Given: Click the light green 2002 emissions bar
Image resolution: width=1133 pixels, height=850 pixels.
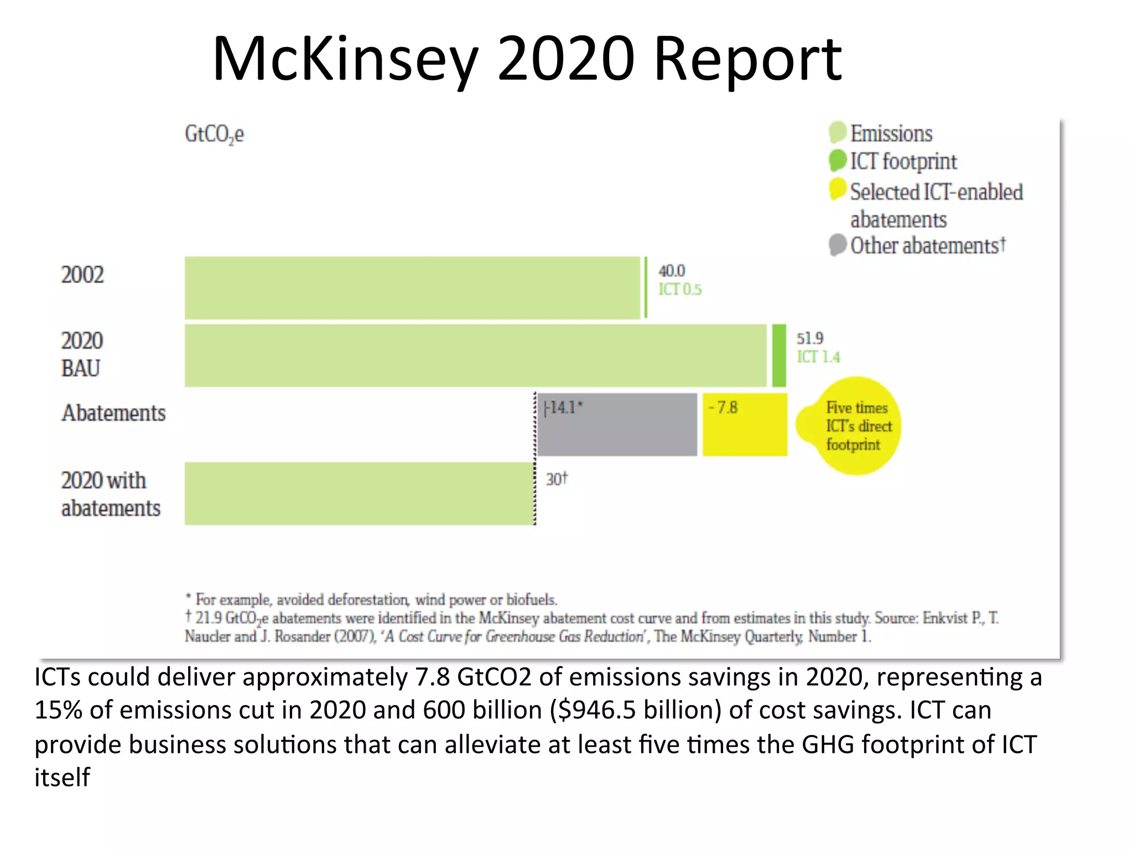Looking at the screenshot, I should tap(412, 288).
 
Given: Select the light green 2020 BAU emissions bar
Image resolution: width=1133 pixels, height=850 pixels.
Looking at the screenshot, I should tap(476, 356).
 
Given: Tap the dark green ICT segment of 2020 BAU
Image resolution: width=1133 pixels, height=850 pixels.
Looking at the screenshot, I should tap(779, 356).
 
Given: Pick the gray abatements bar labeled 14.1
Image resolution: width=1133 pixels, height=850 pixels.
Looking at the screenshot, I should tap(617, 425).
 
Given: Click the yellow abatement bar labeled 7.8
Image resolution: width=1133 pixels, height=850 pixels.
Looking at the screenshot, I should tap(745, 425).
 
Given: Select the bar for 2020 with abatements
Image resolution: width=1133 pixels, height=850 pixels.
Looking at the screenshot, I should tap(360, 494).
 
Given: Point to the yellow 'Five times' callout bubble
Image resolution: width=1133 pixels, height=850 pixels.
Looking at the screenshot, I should tap(855, 426).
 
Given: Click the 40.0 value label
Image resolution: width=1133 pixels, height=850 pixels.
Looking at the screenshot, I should tap(672, 271).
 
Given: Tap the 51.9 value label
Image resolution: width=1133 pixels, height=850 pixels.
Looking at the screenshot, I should tap(810, 339).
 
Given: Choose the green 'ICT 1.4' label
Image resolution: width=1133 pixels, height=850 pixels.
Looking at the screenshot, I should tap(818, 357).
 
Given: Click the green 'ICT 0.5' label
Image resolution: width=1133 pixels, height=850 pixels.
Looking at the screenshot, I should tap(680, 289).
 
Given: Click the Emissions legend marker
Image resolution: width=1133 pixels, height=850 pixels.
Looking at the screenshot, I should tap(838, 133).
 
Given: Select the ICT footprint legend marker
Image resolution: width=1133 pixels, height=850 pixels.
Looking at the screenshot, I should tap(838, 161).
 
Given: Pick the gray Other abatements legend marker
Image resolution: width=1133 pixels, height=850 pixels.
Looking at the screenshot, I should tap(838, 245).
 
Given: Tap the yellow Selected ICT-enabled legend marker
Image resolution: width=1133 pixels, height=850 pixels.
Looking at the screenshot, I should tap(838, 189).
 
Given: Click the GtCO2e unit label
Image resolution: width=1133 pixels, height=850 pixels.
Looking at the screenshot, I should tap(214, 134).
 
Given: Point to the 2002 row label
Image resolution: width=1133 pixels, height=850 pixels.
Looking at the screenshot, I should tap(82, 275).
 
